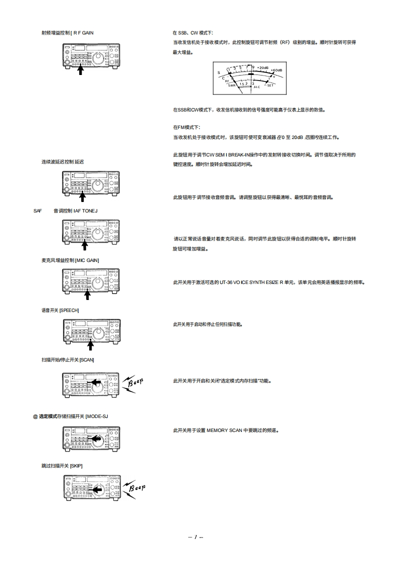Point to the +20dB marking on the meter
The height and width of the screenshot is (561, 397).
point(263,66)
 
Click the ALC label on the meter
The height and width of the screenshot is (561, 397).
point(257,87)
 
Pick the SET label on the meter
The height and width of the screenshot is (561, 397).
point(270,85)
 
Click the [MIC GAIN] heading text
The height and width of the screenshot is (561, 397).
point(87,260)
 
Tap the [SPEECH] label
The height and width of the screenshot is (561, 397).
point(69,310)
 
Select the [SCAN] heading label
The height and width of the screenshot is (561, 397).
point(86,359)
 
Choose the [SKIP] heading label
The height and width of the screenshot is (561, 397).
point(76,465)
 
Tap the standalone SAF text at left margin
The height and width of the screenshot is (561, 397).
point(38,210)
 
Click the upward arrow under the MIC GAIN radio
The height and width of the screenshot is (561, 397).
point(87,294)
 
